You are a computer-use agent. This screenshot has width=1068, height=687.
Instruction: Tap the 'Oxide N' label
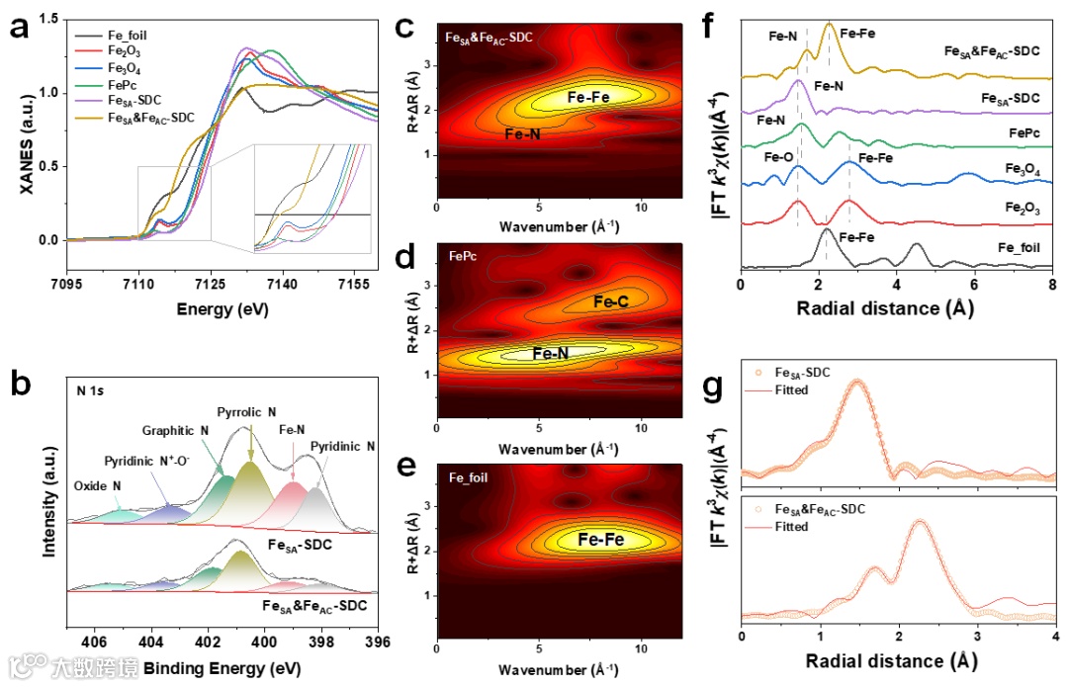click(98, 486)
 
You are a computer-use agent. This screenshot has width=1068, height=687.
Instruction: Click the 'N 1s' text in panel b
click(93, 389)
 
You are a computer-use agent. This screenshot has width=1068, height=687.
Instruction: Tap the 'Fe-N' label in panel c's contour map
click(521, 133)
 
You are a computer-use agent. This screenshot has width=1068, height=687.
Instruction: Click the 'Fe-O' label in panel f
click(780, 155)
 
